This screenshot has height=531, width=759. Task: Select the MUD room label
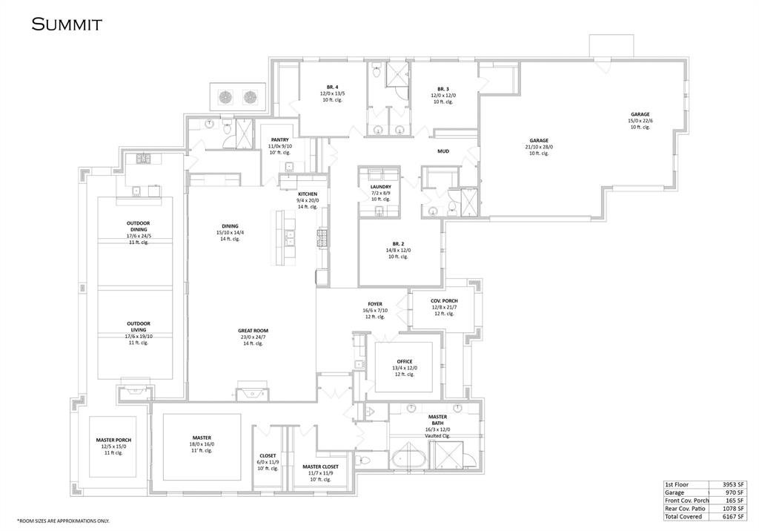pos(443,151)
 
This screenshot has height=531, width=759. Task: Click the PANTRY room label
pos(279,139)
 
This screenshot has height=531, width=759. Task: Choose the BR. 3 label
pos(443,88)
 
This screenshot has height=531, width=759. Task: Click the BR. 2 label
pos(397,243)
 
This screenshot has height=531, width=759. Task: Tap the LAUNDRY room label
pos(380,187)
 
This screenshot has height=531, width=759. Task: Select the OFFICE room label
pos(404,361)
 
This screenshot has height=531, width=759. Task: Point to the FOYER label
pos(374,304)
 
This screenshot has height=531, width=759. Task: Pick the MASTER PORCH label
pos(113,440)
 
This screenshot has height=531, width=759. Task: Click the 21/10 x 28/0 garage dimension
pos(539,147)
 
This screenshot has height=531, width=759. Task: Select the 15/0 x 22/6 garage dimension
pos(640,121)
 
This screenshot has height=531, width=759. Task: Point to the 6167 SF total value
pos(735,516)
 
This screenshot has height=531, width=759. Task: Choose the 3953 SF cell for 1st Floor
pos(735,484)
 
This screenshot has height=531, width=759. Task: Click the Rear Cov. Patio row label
pos(687,508)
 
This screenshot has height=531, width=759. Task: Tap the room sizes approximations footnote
pos(62,521)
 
